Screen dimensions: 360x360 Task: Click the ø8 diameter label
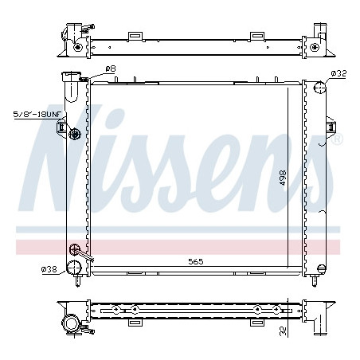tap(111, 69)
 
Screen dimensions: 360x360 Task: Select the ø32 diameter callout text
tap(338, 73)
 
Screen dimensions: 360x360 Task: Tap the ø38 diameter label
tap(49, 269)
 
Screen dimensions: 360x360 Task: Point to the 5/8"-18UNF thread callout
tap(37, 114)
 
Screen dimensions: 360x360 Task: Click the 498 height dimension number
tap(283, 178)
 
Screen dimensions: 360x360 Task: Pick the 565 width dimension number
tap(196, 261)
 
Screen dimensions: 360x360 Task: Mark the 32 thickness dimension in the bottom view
tap(284, 331)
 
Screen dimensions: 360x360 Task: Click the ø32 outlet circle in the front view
tap(319, 87)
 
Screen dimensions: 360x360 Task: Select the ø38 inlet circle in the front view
tap(74, 268)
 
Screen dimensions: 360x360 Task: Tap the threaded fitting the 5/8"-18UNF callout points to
tap(75, 134)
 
